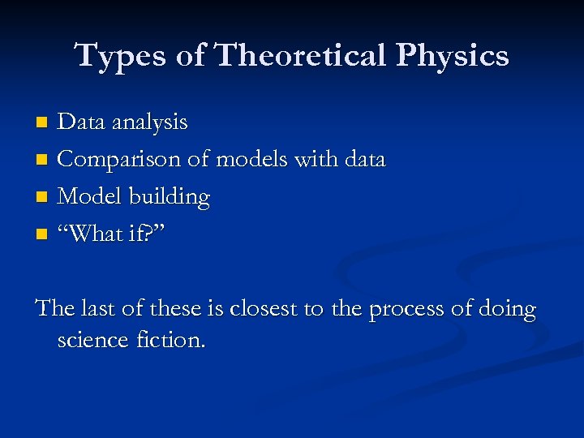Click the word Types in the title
click(114, 56)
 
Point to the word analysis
click(150, 122)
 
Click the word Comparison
click(119, 160)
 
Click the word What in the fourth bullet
click(95, 234)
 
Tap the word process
click(406, 310)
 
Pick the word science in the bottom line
click(92, 340)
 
